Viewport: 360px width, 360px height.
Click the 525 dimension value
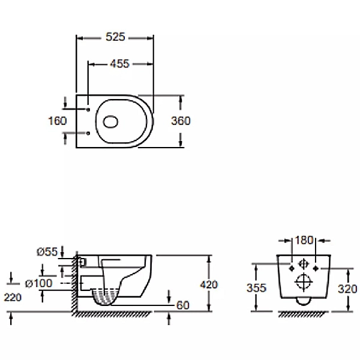click(x=115, y=37)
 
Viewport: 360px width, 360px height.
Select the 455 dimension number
click(x=120, y=64)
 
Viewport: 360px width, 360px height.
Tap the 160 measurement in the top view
click(x=57, y=121)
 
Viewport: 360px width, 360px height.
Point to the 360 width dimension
click(x=180, y=121)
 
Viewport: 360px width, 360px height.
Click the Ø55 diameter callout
click(x=46, y=253)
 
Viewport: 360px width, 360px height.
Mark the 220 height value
click(x=12, y=296)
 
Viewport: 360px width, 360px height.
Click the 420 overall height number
click(x=209, y=284)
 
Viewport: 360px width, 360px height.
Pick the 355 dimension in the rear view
click(x=256, y=287)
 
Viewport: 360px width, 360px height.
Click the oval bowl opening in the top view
click(x=111, y=122)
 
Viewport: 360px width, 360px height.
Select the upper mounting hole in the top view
click(x=88, y=110)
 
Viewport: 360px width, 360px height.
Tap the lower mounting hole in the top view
click(x=88, y=133)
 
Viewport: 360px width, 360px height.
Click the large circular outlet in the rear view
click(x=304, y=279)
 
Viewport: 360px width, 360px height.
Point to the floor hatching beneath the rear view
click(x=304, y=314)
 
